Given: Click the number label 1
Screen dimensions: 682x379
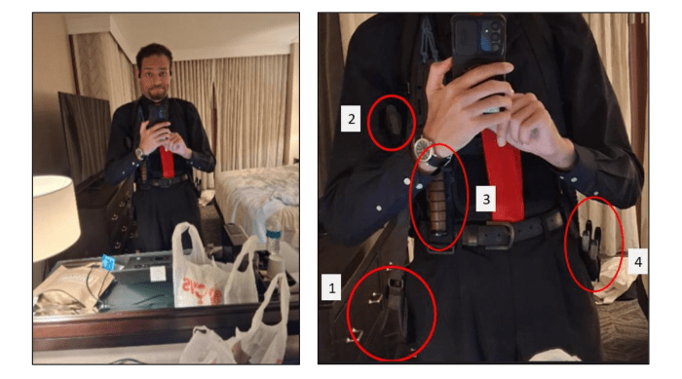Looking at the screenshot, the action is (x=331, y=287).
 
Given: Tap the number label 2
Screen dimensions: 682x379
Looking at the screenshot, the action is (x=351, y=118).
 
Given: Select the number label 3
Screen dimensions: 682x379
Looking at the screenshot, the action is (x=486, y=200).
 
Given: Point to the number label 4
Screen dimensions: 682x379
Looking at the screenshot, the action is (x=638, y=262).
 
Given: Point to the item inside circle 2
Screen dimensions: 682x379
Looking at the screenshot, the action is (x=394, y=119).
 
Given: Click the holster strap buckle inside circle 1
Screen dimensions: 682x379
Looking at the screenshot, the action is (x=396, y=285).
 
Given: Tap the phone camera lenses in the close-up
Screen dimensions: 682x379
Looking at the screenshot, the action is (x=495, y=36).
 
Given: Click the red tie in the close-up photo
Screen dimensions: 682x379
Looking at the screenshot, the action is (x=504, y=174).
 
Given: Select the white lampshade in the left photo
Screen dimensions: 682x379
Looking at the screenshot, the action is (x=55, y=217).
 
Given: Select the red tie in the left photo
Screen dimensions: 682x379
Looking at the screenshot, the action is (x=167, y=161).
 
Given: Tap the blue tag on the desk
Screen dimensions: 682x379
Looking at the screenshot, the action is (x=108, y=263).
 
